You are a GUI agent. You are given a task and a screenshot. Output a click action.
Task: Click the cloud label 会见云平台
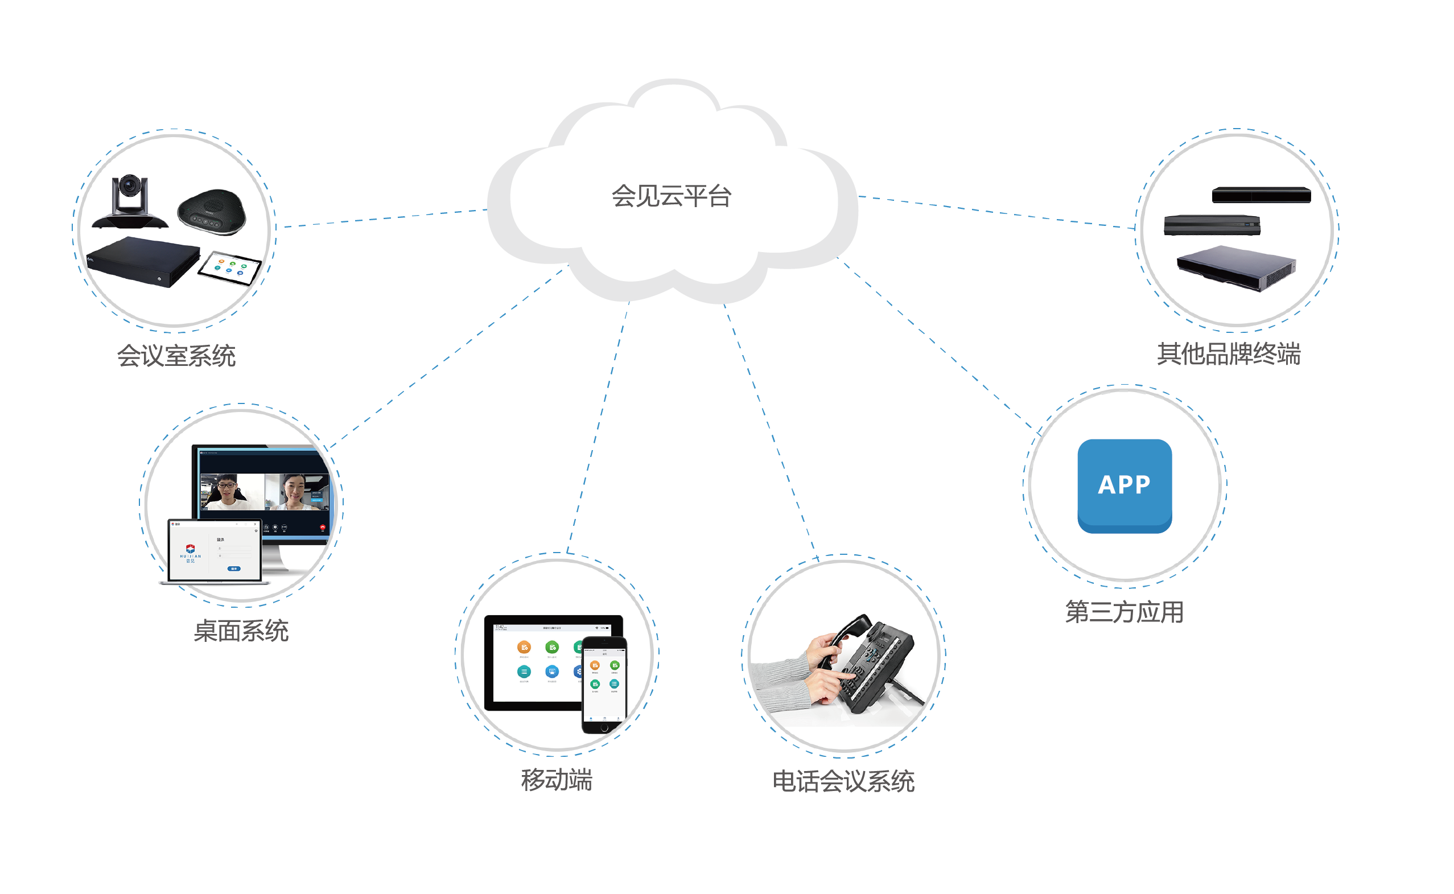tap(671, 196)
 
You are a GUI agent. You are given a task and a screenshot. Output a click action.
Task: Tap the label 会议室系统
tap(176, 356)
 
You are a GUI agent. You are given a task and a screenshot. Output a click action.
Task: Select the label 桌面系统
tap(241, 631)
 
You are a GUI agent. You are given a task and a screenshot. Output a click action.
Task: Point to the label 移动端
tap(557, 780)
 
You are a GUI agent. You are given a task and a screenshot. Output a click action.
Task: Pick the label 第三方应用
tap(1124, 612)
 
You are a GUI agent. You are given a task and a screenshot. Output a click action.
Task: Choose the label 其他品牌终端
tap(1229, 354)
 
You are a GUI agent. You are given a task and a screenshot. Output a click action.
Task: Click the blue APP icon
tap(1124, 485)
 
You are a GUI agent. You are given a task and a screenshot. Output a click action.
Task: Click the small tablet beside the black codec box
tap(230, 268)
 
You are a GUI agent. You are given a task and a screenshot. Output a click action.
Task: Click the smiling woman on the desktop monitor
tap(294, 491)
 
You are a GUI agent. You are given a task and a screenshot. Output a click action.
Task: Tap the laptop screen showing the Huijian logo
tap(214, 550)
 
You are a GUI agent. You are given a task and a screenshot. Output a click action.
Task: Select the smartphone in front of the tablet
tap(604, 685)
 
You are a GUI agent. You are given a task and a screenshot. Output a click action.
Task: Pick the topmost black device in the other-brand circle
tap(1261, 195)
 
